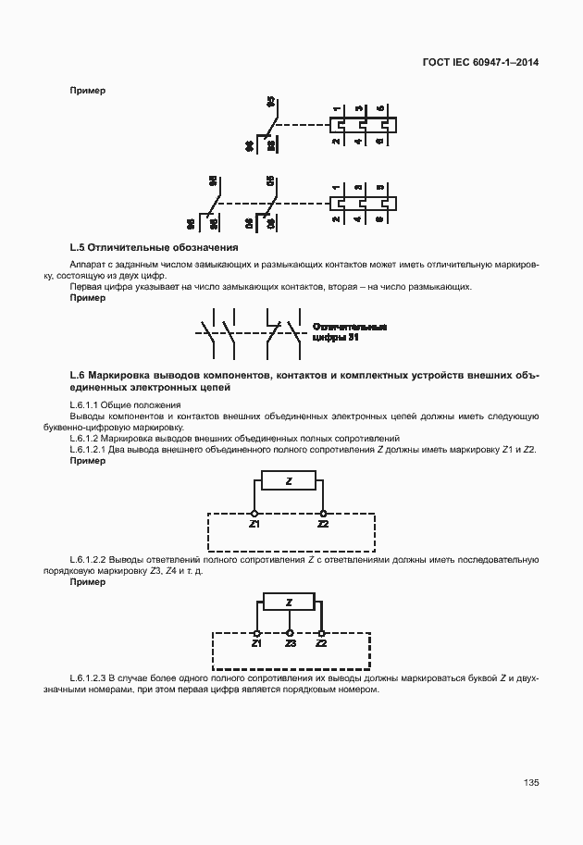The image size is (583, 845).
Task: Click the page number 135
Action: [530, 782]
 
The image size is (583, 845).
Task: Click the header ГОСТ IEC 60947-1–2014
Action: [479, 63]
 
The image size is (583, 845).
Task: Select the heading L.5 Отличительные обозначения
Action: [155, 248]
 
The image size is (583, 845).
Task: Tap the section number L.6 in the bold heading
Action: [78, 374]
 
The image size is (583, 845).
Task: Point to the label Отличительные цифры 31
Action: [349, 333]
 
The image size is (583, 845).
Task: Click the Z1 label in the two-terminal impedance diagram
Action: [254, 525]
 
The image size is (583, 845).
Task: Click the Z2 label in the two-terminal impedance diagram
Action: [323, 525]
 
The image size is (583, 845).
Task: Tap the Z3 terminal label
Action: [291, 642]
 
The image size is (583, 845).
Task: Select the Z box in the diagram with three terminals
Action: [290, 602]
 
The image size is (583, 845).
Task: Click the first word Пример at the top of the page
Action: [87, 90]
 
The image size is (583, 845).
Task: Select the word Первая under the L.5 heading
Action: [86, 287]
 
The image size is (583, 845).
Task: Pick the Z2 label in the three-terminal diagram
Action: [321, 642]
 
